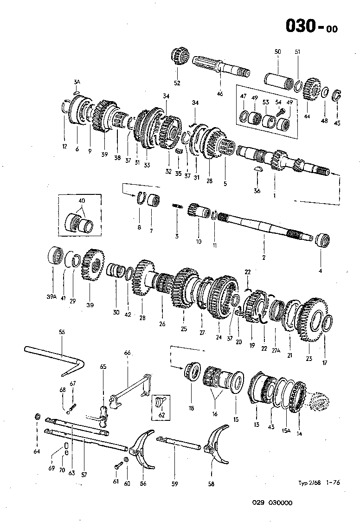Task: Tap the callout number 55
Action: pyautogui.click(x=62, y=332)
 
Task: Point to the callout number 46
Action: pyautogui.click(x=219, y=94)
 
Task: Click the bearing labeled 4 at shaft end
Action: pyautogui.click(x=321, y=240)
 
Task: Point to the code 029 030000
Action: pyautogui.click(x=272, y=502)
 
